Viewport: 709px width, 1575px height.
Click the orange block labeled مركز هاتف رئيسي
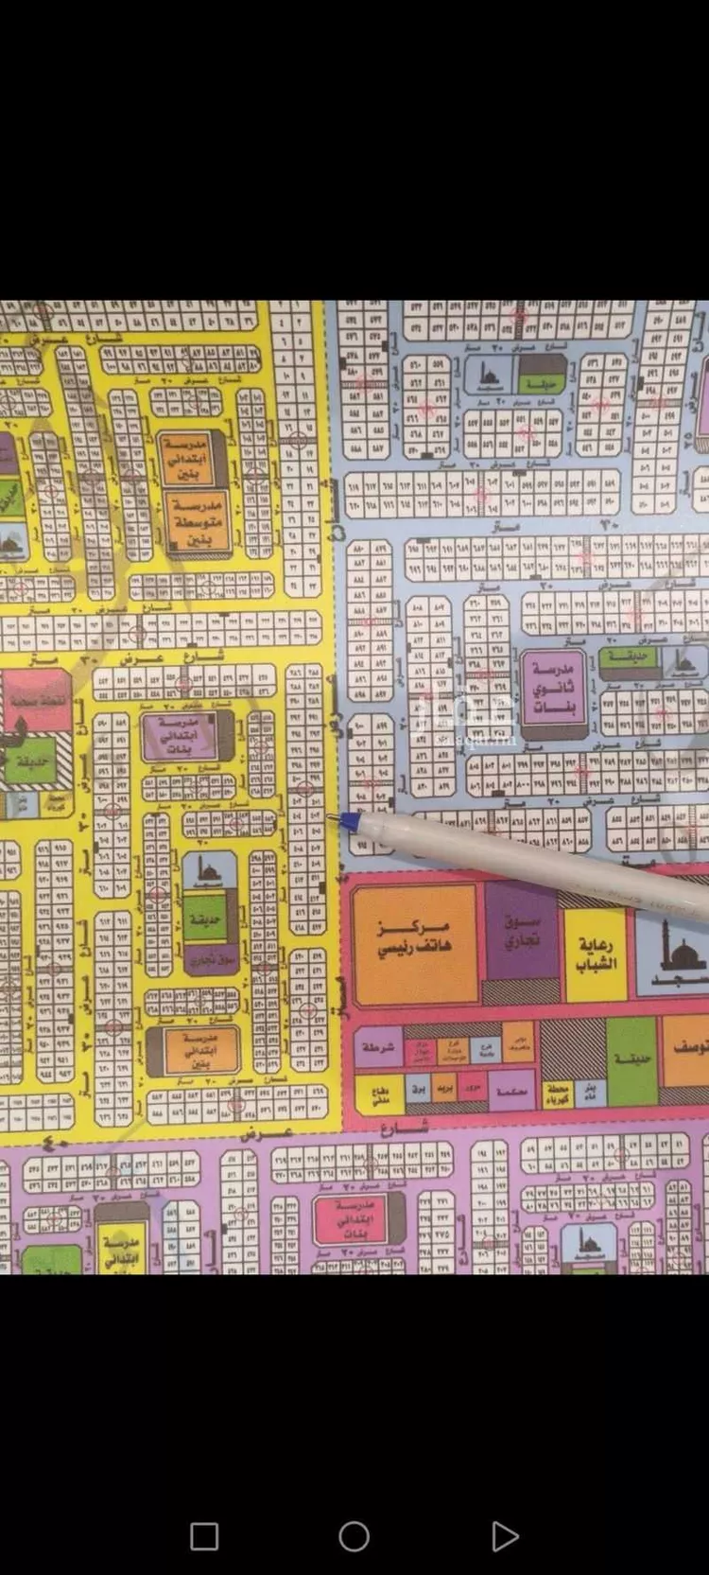pos(414,942)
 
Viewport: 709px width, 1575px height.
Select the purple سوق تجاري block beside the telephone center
pos(521,932)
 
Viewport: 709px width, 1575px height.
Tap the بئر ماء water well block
pos(590,1093)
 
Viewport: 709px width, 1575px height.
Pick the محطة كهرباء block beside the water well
pos(556,1094)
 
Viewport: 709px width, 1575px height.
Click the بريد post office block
pos(444,1089)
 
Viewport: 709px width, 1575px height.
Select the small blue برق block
pos(418,1089)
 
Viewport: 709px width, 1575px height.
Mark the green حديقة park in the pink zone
pos(631,1059)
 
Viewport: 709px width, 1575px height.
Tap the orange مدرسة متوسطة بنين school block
pos(198,522)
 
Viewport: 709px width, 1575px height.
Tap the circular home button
pos(354,1536)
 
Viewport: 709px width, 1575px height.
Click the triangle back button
pos(504,1536)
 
